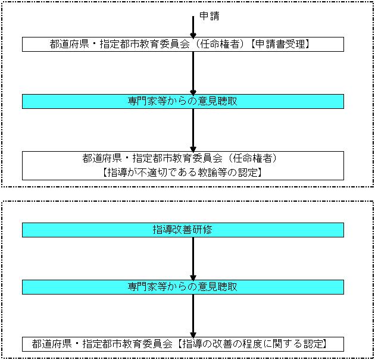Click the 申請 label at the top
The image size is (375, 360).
(x=210, y=16)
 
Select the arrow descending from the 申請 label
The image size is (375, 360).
(x=193, y=27)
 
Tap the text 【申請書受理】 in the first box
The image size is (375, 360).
(x=280, y=44)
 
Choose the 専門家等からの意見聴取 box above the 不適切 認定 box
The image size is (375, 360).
(x=183, y=101)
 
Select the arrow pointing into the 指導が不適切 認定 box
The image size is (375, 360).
(x=193, y=130)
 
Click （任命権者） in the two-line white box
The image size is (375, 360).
(x=252, y=158)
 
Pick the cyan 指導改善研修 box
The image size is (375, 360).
(x=183, y=230)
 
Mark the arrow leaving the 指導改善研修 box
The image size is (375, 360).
(x=193, y=259)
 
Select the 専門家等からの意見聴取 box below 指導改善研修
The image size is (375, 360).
(x=183, y=287)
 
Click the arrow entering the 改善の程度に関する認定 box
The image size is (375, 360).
(x=193, y=316)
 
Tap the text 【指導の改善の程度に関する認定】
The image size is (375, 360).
(x=252, y=344)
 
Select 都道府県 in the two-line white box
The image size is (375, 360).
(x=102, y=158)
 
